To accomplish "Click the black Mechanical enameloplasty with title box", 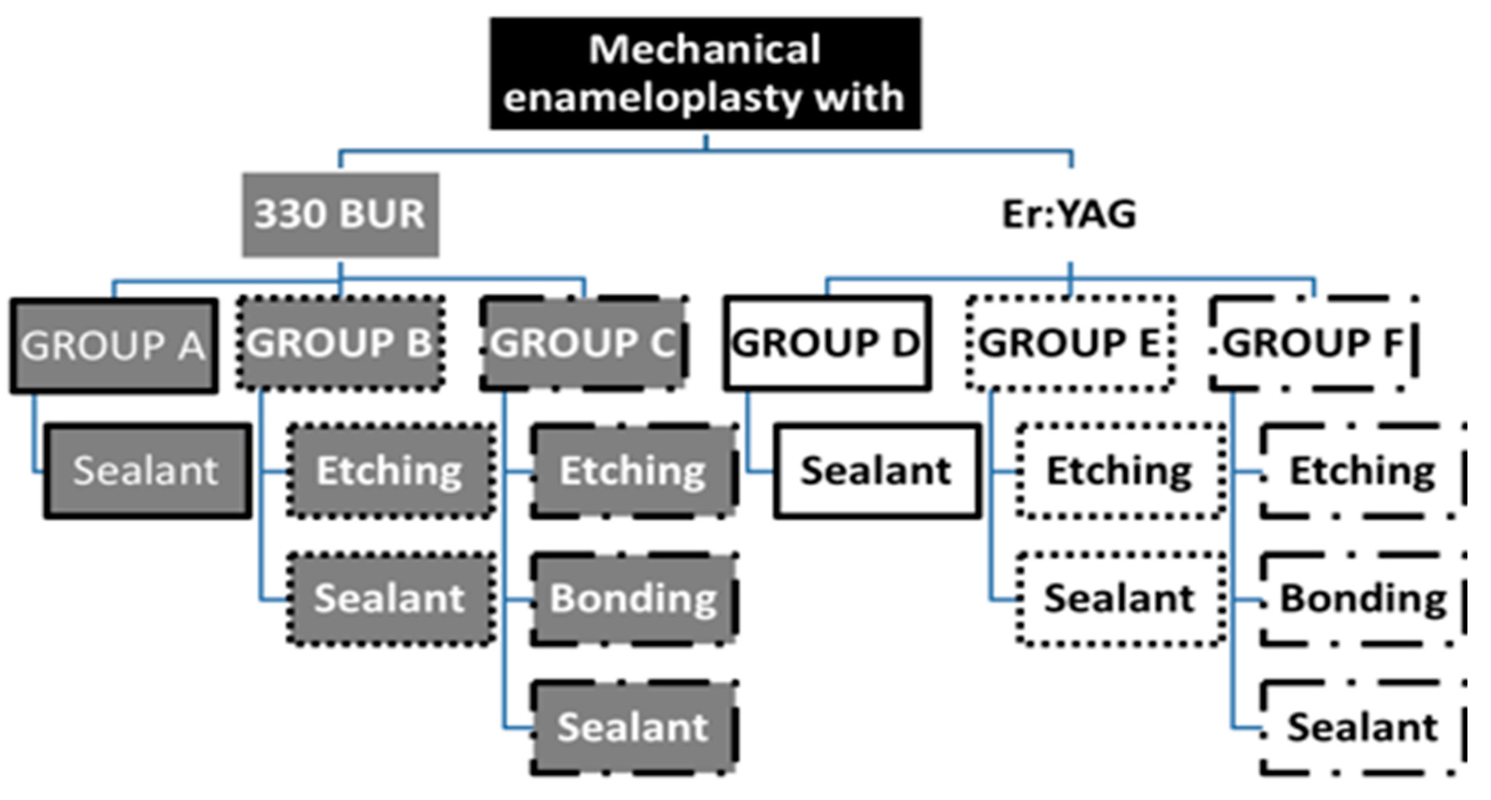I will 705,73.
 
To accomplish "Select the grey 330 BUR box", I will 340,215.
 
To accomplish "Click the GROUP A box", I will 114,346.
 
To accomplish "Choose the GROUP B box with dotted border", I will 340,344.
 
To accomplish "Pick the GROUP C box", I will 583,344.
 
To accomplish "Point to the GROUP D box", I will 827,344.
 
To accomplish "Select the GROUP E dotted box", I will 1070,344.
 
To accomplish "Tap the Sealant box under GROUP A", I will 148,471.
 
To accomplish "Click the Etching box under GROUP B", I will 391,471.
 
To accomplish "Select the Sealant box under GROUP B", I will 391,599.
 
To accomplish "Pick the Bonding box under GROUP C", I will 634,599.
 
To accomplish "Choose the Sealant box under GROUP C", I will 634,728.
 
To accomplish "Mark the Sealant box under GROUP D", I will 877,471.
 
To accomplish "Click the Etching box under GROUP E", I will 1120,471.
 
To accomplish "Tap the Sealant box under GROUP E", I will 1120,599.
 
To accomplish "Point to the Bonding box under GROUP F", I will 1363,599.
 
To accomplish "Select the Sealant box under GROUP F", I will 1363,728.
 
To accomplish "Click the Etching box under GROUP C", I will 634,471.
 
